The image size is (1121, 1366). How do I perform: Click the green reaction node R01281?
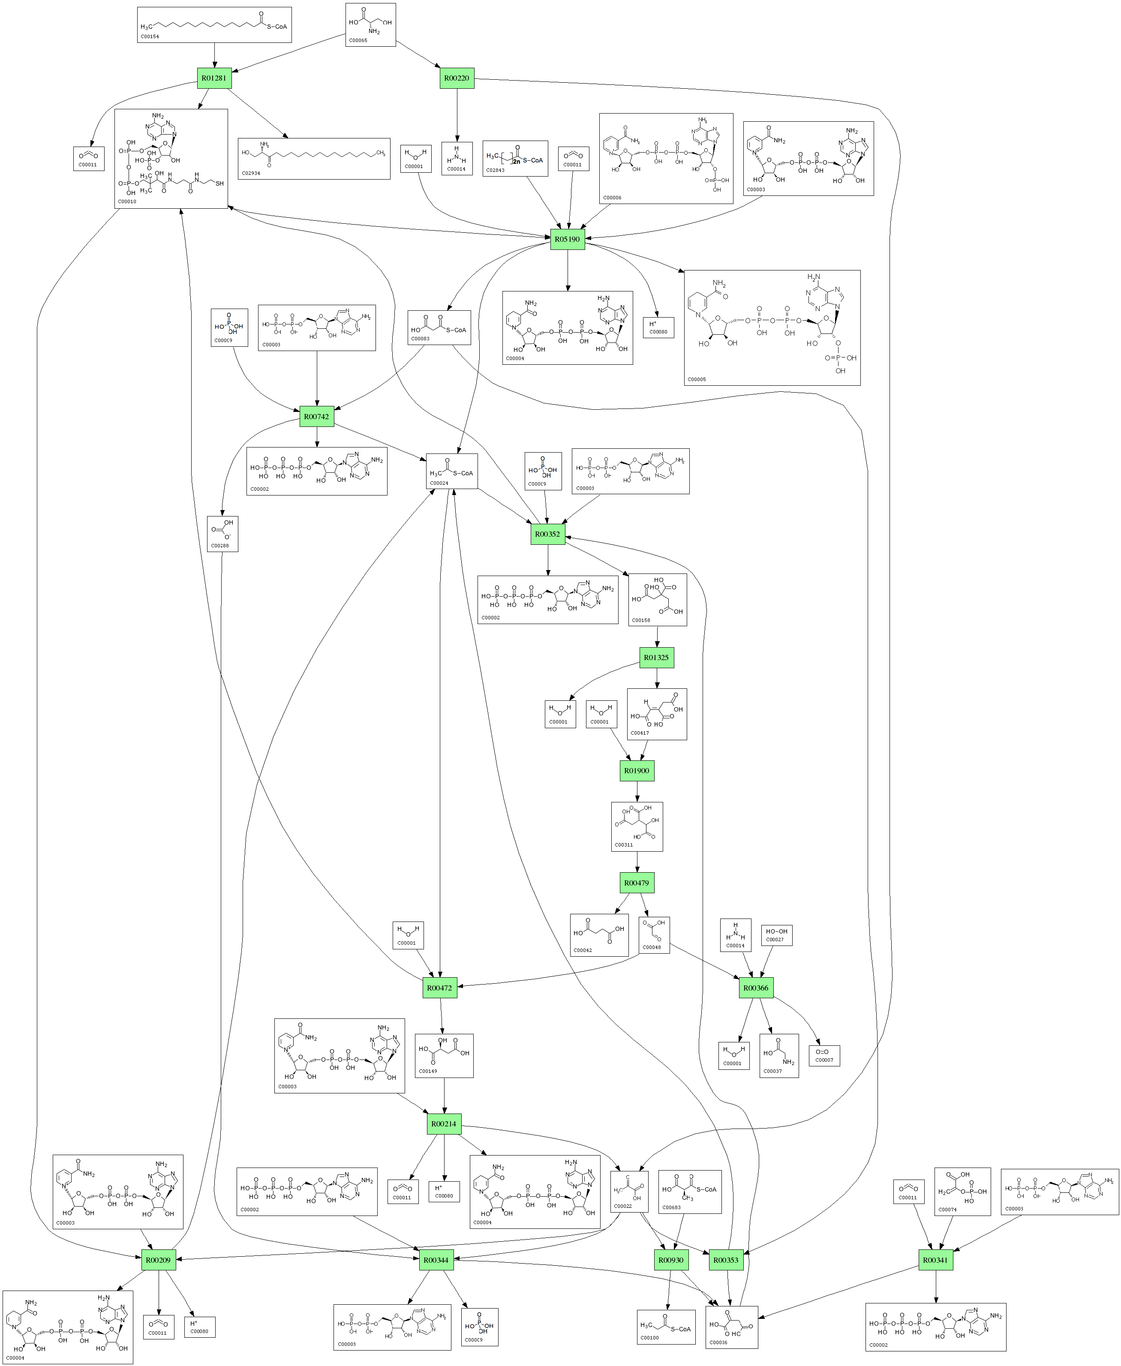coord(214,78)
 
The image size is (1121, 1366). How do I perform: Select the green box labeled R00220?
coord(457,78)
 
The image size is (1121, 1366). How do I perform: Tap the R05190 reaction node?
coord(567,239)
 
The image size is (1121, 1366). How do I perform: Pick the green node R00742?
coord(316,416)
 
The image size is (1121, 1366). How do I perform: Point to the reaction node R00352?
coord(547,534)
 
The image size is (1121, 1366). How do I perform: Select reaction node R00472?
coord(440,988)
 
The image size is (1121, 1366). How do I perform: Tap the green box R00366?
coord(756,988)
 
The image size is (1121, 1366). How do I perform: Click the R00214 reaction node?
coord(444,1123)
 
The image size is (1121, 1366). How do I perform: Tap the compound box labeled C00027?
coord(776,935)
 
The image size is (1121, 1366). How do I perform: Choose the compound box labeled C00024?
coord(452,471)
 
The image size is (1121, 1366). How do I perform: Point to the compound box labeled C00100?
coord(666,1327)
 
